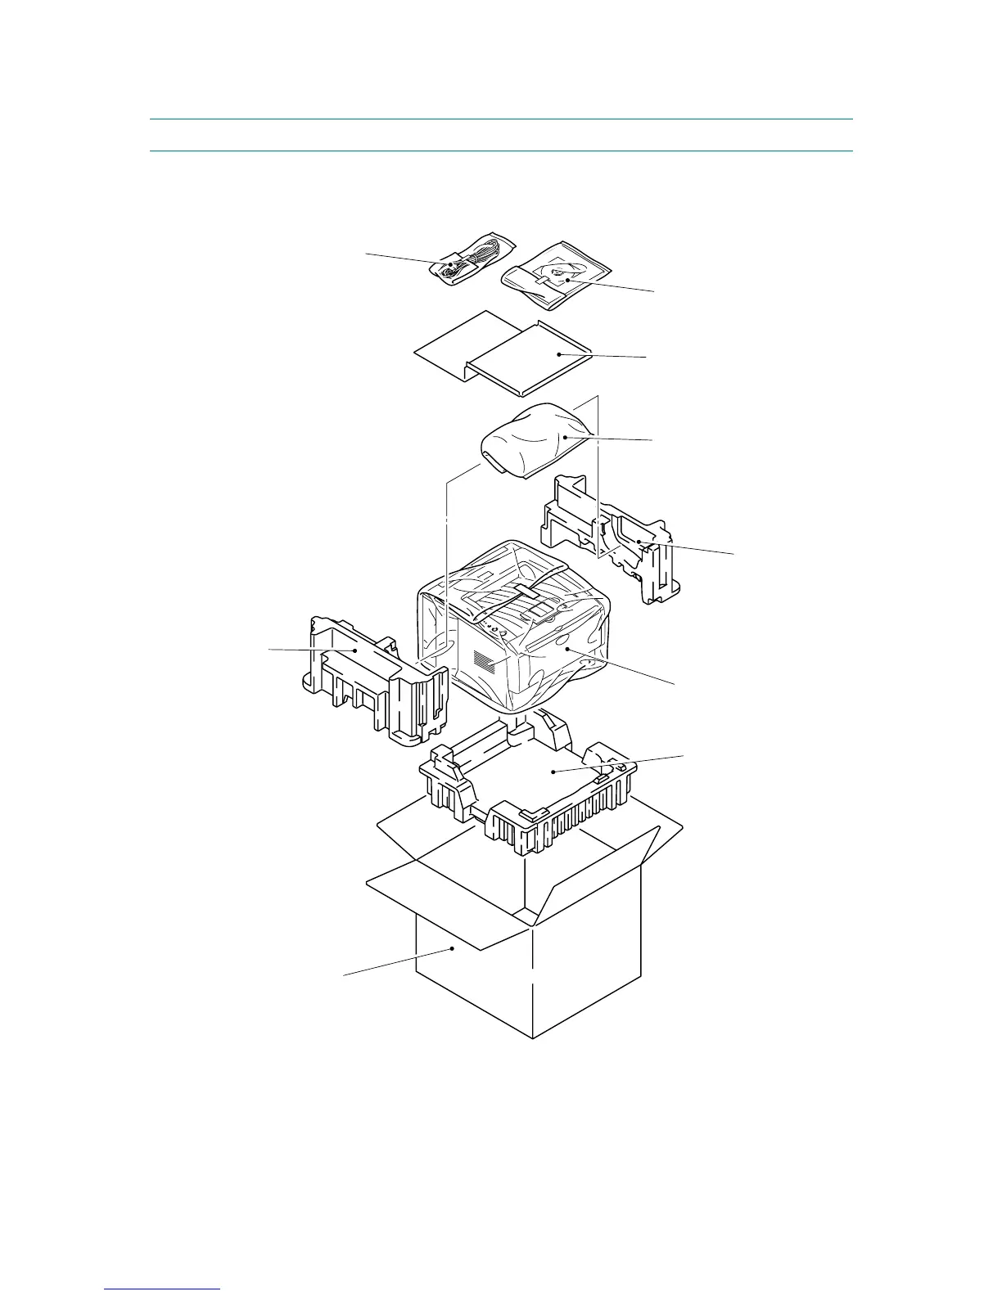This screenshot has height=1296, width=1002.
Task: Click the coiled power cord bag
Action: point(471,259)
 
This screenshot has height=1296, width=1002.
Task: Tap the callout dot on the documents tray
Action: point(558,354)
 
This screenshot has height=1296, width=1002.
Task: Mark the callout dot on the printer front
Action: point(566,648)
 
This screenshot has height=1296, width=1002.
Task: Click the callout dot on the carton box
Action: point(453,949)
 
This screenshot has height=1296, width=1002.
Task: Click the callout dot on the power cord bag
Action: point(450,264)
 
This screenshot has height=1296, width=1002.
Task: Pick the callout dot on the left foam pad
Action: point(354,650)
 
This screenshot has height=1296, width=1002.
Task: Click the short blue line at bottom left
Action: point(162,1289)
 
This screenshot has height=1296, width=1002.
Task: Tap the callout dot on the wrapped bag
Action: point(566,437)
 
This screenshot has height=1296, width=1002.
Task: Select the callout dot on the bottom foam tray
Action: point(554,772)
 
